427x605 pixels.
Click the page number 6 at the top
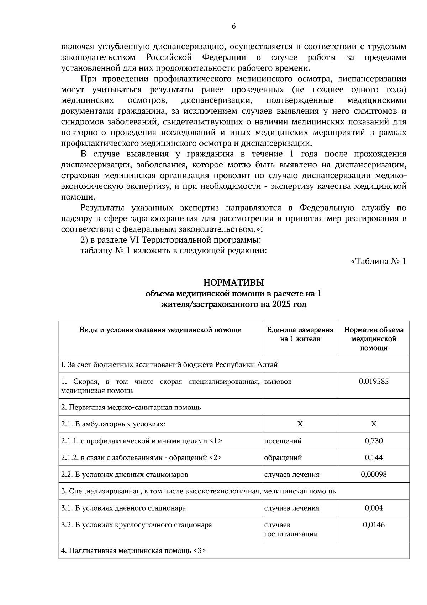pyautogui.click(x=234, y=26)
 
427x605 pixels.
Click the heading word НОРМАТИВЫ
pyautogui.click(x=233, y=283)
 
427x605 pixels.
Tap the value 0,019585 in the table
pyautogui.click(x=373, y=381)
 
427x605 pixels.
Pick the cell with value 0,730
pyautogui.click(x=374, y=441)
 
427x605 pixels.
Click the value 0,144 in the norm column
pyautogui.click(x=374, y=457)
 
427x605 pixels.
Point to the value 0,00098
pyautogui.click(x=373, y=474)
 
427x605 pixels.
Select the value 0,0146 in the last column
pyautogui.click(x=374, y=524)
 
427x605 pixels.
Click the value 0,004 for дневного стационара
pyautogui.click(x=374, y=508)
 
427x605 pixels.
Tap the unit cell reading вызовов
pyautogui.click(x=278, y=382)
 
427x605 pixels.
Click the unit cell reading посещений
pyautogui.click(x=283, y=441)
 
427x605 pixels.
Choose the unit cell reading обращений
pyautogui.click(x=283, y=457)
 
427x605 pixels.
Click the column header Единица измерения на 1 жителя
pyautogui.click(x=300, y=334)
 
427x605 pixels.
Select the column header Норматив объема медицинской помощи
pyautogui.click(x=374, y=338)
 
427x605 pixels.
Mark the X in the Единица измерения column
pyautogui.click(x=300, y=424)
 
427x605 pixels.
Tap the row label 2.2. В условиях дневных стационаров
pyautogui.click(x=125, y=475)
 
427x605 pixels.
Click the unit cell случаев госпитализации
pyautogui.click(x=291, y=529)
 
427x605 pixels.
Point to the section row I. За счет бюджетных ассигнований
pyautogui.click(x=169, y=364)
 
